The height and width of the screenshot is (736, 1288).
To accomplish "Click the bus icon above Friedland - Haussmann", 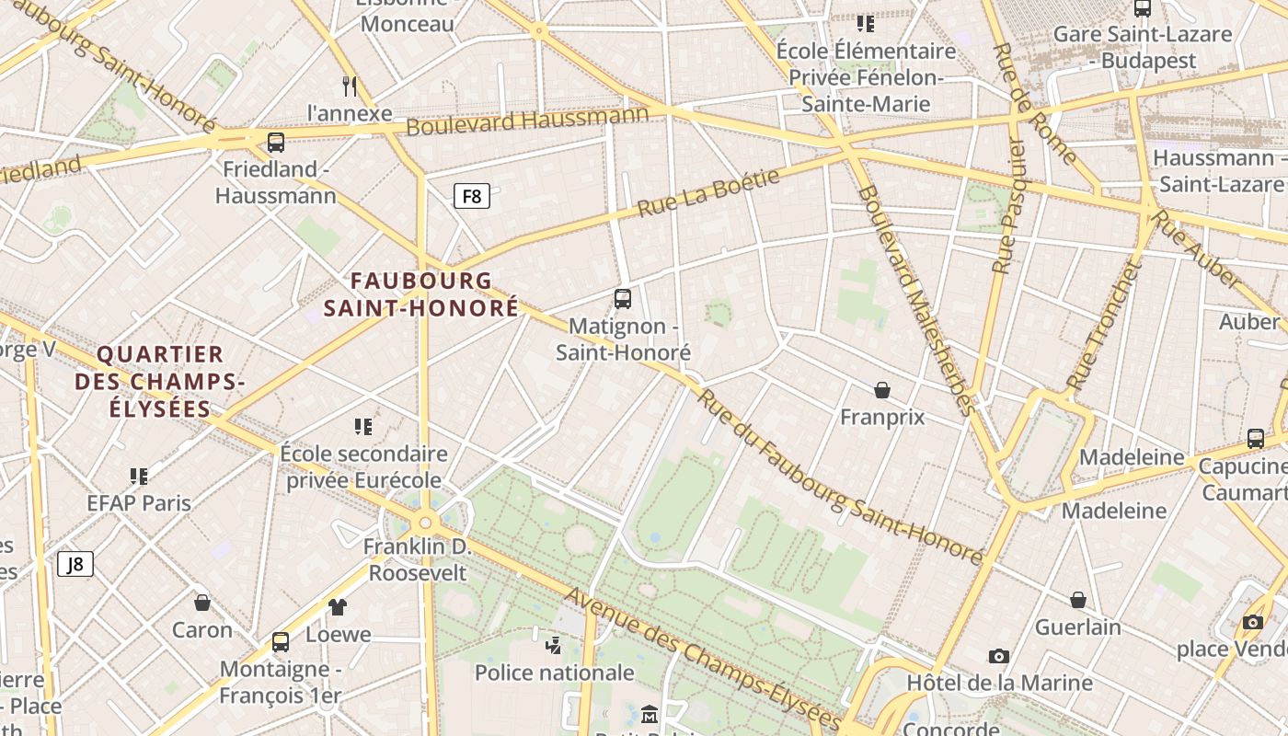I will (x=275, y=143).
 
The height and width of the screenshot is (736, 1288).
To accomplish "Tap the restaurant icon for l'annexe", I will (x=350, y=86).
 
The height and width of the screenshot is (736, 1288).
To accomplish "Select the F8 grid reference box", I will (x=471, y=196).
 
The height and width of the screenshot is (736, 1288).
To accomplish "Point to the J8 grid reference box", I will (x=75, y=564).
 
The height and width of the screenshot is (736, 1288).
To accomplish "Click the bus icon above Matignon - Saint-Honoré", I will (x=623, y=299).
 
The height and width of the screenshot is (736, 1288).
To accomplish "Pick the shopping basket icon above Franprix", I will (x=882, y=390).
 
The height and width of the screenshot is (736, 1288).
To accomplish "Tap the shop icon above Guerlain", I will (x=1078, y=601).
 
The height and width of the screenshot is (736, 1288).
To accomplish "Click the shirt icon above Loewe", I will (x=338, y=607).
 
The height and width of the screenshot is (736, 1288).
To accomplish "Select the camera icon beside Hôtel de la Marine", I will (x=999, y=656).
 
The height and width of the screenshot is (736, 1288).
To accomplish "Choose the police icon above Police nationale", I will (x=554, y=645).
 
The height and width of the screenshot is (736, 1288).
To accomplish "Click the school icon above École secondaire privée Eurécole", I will (x=363, y=427).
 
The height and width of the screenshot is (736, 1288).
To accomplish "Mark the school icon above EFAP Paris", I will (x=139, y=477).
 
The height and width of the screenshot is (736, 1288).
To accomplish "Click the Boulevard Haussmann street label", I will (x=527, y=121).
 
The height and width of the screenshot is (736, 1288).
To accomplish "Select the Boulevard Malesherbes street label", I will (x=914, y=300).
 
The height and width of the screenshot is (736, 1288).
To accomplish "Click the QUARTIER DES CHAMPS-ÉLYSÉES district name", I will (x=160, y=381).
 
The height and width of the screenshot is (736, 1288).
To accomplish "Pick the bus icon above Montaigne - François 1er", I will (x=281, y=642).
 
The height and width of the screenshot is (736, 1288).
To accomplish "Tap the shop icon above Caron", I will (x=202, y=604).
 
